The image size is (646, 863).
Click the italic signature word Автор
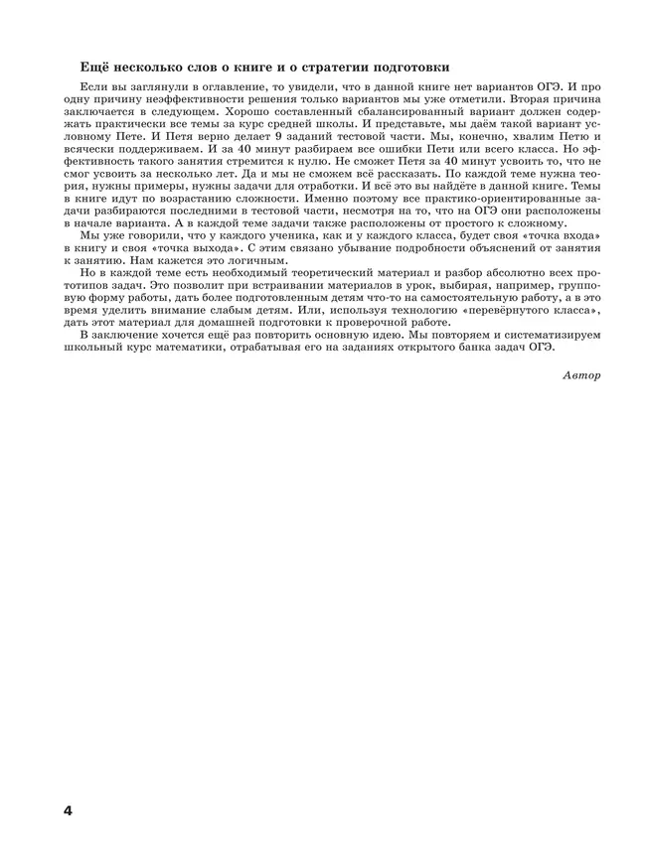(x=581, y=375)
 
